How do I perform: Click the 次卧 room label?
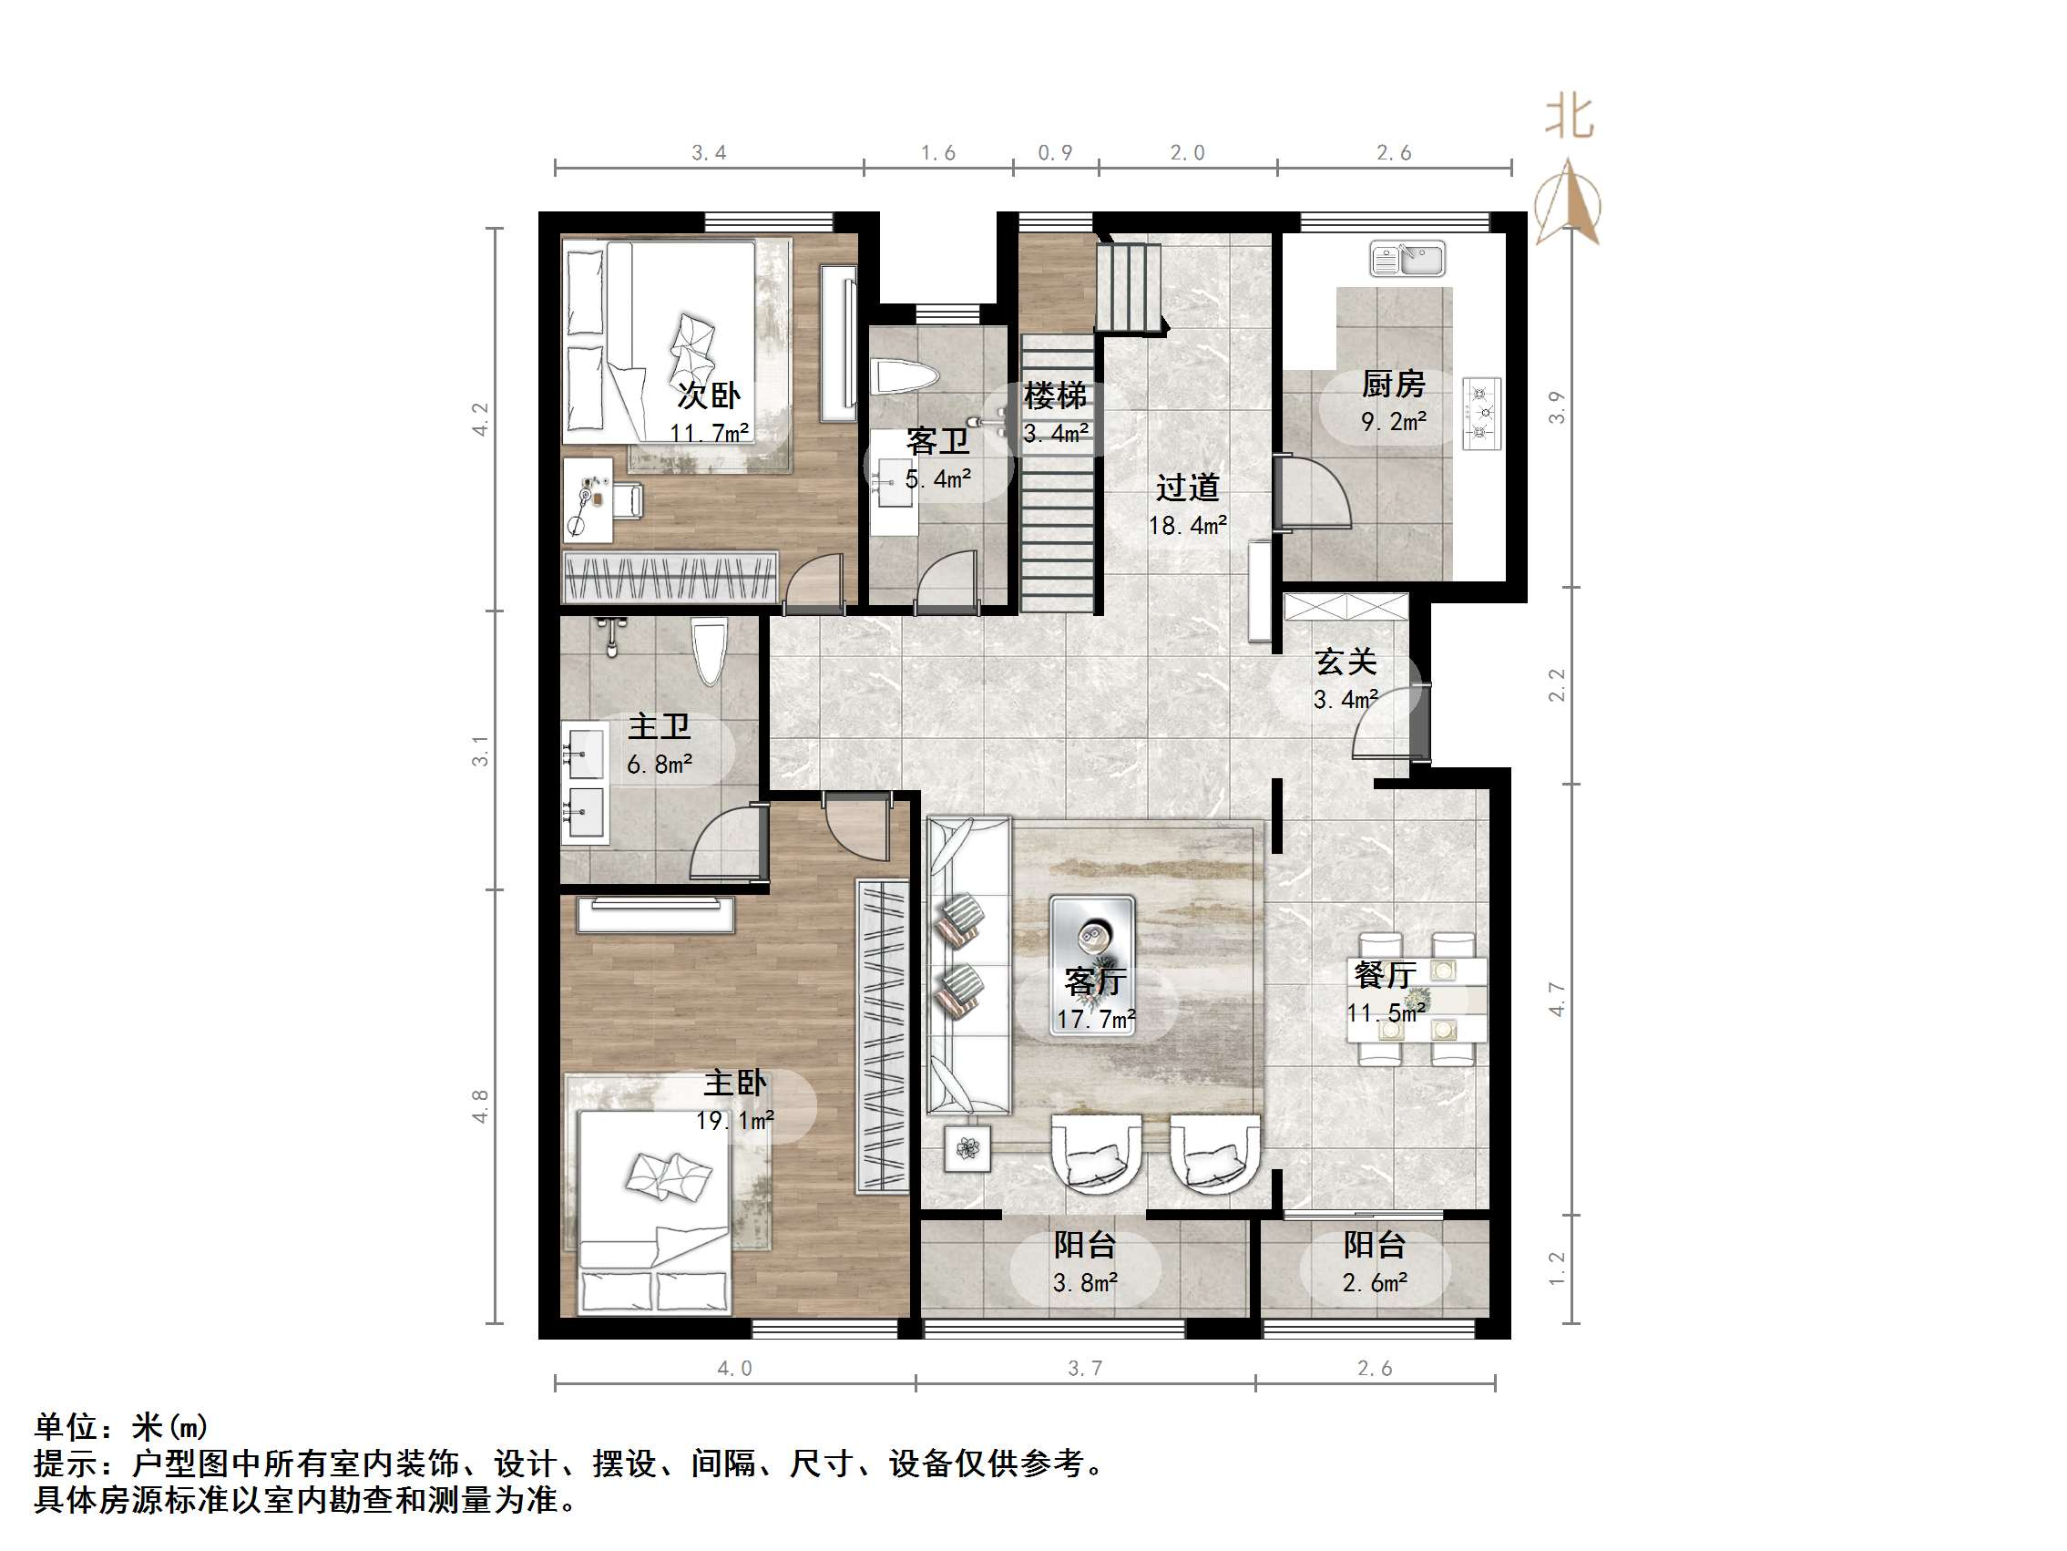pyautogui.click(x=709, y=395)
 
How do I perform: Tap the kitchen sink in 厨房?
pyautogui.click(x=1407, y=259)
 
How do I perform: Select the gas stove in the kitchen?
pyautogui.click(x=1482, y=411)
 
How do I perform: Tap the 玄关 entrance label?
pyautogui.click(x=1346, y=662)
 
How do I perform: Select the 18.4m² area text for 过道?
pyautogui.click(x=1188, y=526)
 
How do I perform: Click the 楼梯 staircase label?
pyautogui.click(x=1055, y=395)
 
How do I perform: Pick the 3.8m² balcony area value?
pyautogui.click(x=1085, y=1283)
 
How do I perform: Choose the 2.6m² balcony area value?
pyautogui.click(x=1375, y=1283)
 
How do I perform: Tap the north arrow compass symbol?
pyautogui.click(x=1568, y=203)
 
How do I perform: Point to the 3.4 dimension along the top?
pyautogui.click(x=710, y=153)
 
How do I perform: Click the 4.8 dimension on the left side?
pyautogui.click(x=480, y=1106)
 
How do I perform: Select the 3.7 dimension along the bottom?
pyautogui.click(x=1085, y=1369)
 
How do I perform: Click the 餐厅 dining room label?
pyautogui.click(x=1385, y=975)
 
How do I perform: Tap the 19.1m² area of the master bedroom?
pyautogui.click(x=734, y=1120)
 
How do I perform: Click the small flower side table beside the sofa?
pyautogui.click(x=967, y=1147)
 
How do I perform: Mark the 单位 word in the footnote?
pyautogui.click(x=66, y=1427)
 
